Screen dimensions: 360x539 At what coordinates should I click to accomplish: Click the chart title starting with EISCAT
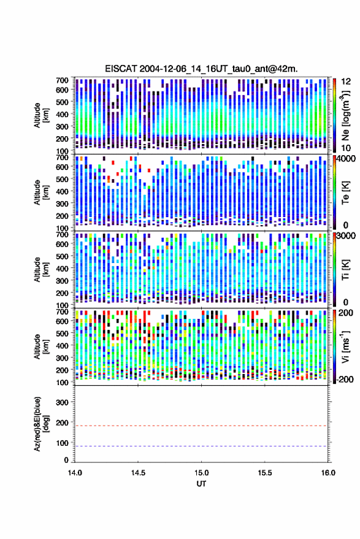202,69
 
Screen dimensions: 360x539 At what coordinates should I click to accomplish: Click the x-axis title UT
201,484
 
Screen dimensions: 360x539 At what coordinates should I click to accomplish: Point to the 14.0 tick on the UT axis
75,473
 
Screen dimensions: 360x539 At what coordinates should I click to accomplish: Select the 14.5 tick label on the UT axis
138,473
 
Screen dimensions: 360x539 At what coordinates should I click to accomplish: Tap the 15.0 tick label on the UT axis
202,473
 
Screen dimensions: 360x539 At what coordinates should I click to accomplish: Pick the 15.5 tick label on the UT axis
265,473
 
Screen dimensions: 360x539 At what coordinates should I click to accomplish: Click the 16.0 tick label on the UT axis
328,473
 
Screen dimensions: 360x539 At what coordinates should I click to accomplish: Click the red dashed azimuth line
202,426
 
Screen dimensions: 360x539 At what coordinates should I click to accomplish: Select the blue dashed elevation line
202,446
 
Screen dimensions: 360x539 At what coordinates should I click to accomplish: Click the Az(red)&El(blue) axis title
41,424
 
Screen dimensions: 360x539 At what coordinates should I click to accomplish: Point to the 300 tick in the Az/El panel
62,402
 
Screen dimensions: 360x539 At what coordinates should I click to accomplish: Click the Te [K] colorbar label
345,193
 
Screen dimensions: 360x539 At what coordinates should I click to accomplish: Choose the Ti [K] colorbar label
345,269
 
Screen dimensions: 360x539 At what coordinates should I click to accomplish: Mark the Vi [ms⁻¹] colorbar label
345,346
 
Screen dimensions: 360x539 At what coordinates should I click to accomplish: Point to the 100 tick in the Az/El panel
62,443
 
